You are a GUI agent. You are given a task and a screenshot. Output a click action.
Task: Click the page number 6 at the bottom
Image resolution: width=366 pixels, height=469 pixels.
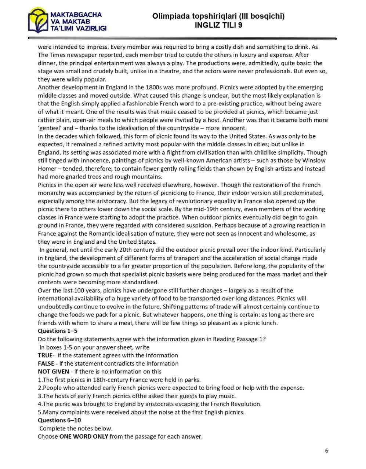[326, 451]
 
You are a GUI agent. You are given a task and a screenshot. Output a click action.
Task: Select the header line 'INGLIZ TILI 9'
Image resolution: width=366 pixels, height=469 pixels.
[218, 25]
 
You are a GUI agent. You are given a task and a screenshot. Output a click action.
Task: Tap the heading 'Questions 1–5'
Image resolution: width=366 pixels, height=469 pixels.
[58, 331]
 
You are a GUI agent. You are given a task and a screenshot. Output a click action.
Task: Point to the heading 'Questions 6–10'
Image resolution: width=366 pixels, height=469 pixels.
[59, 420]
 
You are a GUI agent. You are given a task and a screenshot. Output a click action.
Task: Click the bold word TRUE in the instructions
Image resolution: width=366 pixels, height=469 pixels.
[45, 355]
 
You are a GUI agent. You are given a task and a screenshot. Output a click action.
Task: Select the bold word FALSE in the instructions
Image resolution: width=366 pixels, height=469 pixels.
[46, 363]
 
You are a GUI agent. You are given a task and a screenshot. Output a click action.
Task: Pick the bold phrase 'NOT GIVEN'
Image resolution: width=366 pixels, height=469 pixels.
[53, 372]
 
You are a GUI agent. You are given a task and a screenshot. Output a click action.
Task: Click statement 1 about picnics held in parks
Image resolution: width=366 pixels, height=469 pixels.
[119, 380]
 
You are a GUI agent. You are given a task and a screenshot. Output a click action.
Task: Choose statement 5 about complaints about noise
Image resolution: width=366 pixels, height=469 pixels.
[141, 412]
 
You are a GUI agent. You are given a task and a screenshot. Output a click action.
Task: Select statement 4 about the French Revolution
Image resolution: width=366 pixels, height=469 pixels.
[150, 404]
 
